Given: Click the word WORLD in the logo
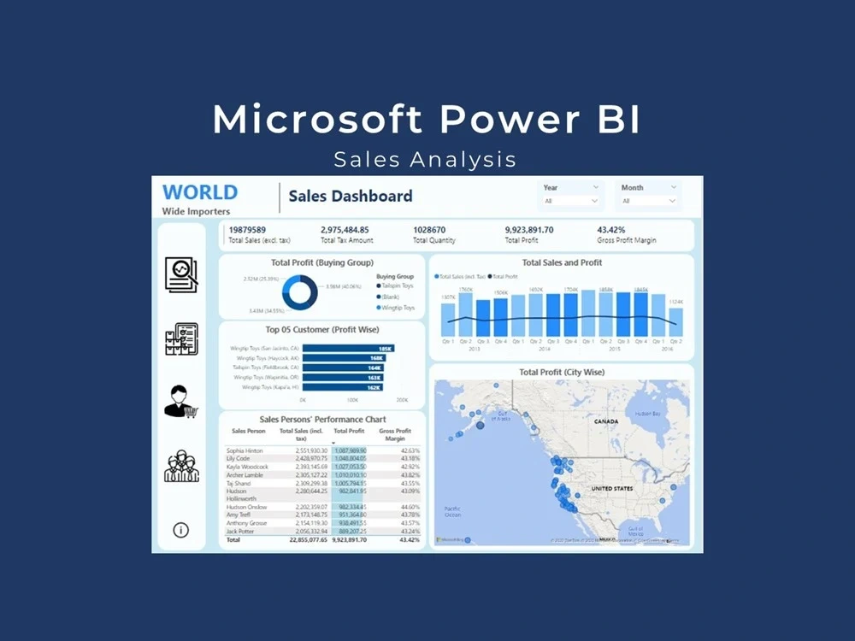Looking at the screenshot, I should (200, 192).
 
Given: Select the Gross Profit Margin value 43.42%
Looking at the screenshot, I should (610, 230).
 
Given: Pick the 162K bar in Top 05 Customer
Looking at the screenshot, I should (343, 387).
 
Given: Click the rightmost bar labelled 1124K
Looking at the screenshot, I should (675, 322).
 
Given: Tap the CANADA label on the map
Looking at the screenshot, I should (605, 421).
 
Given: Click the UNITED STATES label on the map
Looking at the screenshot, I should (611, 489).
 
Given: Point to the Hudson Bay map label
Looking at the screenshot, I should (648, 413).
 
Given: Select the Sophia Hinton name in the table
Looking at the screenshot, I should (245, 450).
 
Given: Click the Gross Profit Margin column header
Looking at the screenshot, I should (395, 434).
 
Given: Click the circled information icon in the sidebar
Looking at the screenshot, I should (180, 530).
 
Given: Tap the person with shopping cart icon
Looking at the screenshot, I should (180, 402).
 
